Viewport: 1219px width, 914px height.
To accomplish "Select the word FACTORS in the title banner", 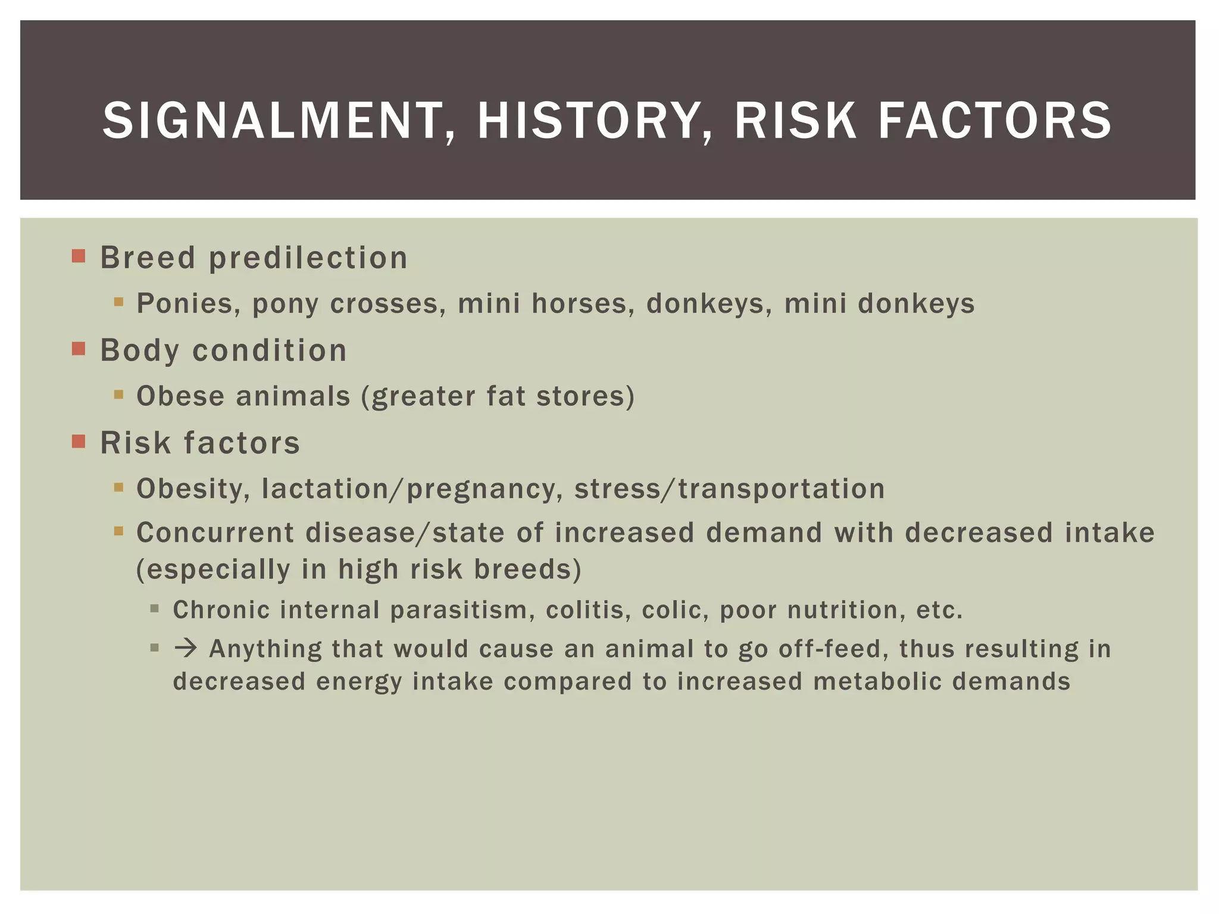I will tap(994, 121).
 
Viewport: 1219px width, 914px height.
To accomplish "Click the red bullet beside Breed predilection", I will tap(79, 256).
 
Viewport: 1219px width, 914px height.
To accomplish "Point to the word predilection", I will tap(308, 258).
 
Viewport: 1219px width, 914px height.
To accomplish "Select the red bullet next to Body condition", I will tap(79, 348).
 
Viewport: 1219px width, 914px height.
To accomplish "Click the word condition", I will tap(270, 350).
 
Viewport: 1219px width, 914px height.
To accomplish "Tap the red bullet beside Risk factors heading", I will tap(79, 441).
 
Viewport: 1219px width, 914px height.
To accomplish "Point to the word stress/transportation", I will tap(729, 489).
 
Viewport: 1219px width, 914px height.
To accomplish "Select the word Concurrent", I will tap(215, 533).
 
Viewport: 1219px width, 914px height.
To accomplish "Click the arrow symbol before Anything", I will tap(186, 648).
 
